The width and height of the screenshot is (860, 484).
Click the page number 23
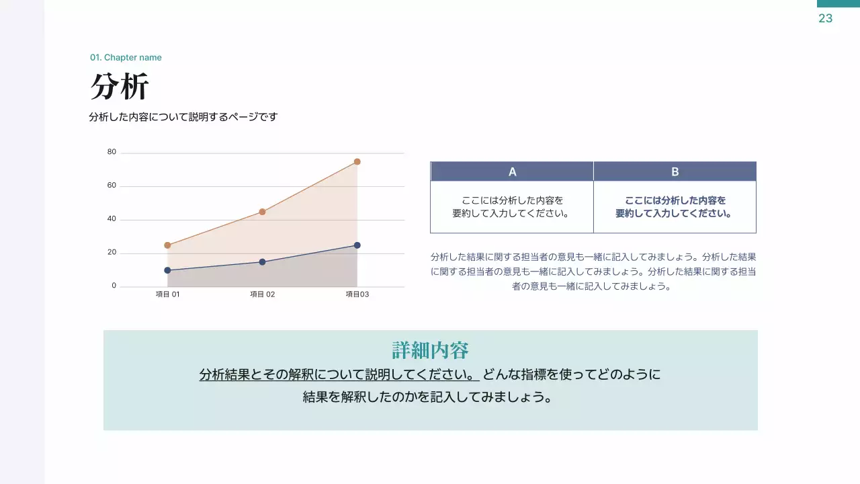825,19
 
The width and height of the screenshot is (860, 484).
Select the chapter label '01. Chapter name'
126,58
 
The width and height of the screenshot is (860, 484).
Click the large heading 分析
120,87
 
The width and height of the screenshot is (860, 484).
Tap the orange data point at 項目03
357,161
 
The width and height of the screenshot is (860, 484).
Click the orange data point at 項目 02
262,212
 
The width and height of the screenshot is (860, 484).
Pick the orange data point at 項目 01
167,245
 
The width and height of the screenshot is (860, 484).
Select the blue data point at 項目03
357,245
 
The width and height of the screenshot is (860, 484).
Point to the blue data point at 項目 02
262,262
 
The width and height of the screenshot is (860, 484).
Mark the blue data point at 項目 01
167,270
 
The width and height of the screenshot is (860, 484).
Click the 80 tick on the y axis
112,152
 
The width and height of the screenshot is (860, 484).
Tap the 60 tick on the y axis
112,186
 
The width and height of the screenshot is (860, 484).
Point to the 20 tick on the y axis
112,252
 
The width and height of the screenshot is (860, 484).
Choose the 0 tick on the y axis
114,286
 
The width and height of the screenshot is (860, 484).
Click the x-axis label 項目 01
167,294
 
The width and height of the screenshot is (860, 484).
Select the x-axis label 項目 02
263,294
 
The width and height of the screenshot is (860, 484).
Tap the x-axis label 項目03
357,294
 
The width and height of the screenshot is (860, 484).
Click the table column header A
512,171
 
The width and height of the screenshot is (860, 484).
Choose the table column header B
675,171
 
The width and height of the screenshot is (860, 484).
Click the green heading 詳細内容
430,350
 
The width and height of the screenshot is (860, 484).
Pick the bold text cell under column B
675,207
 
